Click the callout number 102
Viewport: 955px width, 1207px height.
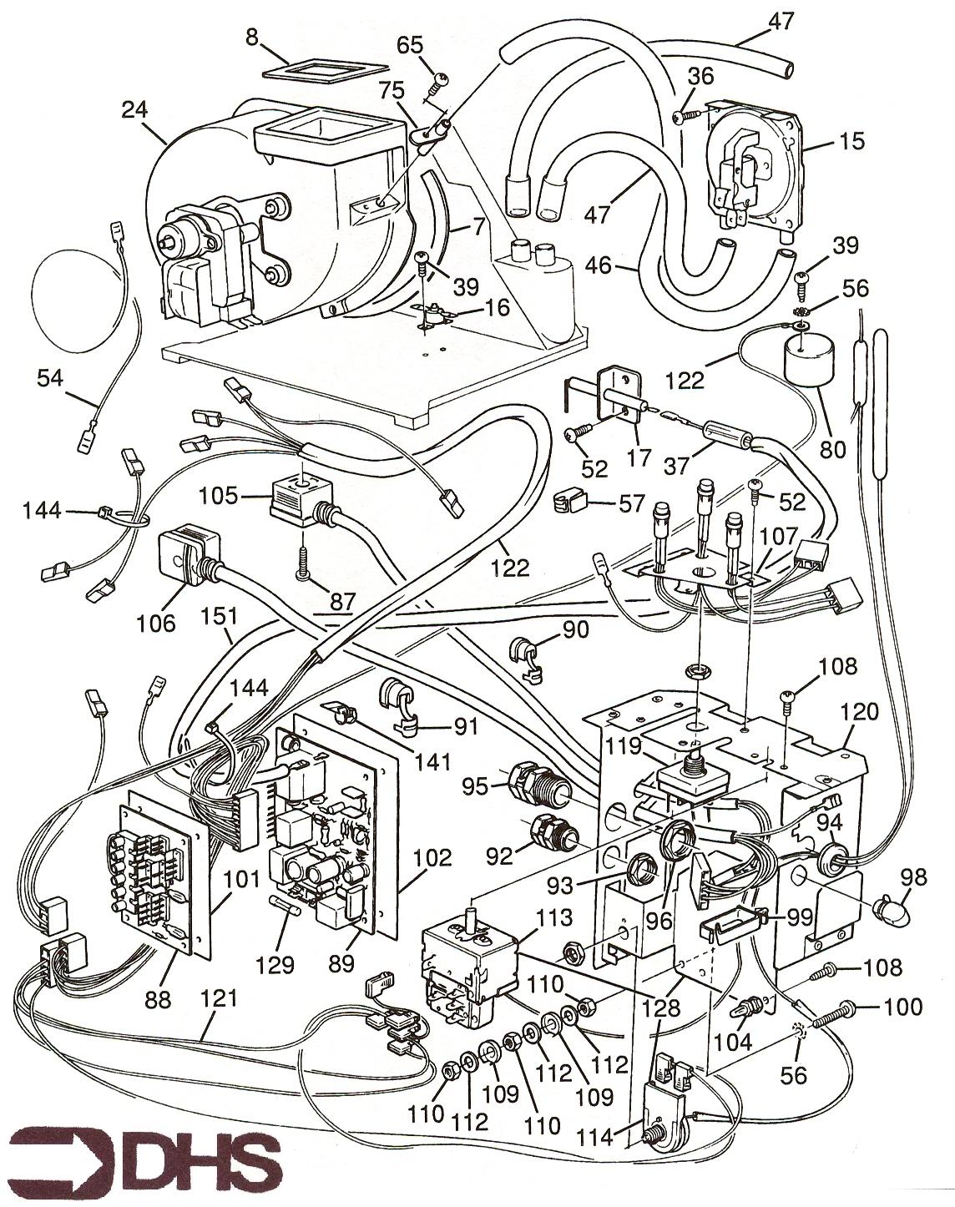(431, 857)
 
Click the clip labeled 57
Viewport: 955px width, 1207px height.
(572, 502)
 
